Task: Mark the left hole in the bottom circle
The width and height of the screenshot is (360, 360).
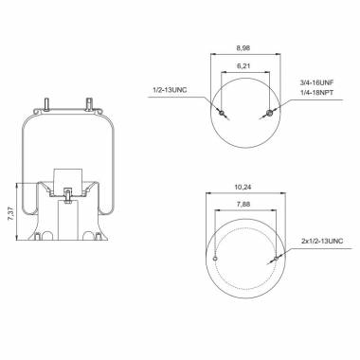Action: [x=215, y=258]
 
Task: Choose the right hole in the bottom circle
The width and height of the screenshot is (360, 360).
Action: [x=275, y=258]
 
